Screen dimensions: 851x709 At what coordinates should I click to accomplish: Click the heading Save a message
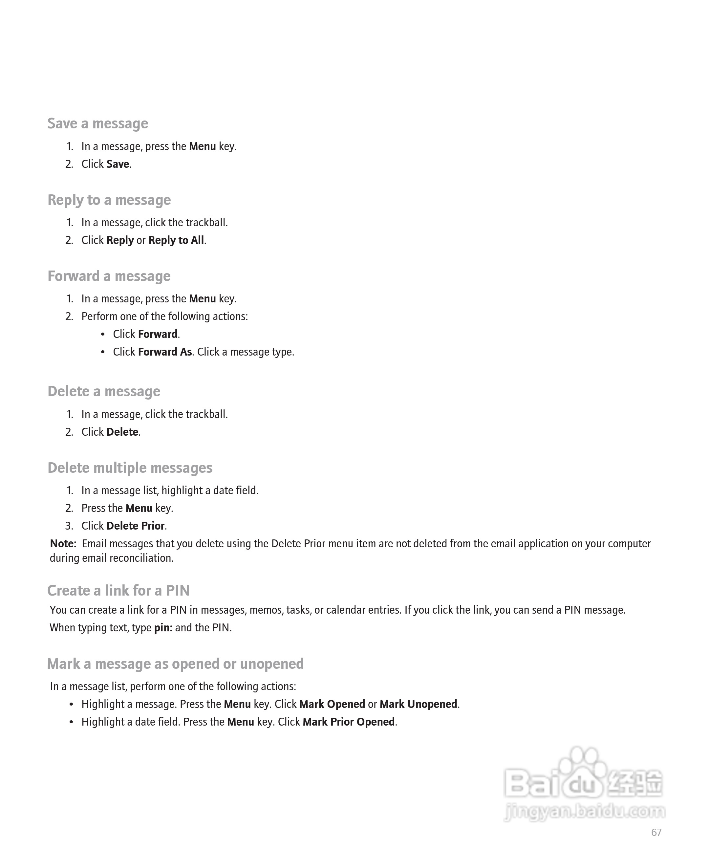(97, 123)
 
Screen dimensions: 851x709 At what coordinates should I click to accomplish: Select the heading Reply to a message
(109, 200)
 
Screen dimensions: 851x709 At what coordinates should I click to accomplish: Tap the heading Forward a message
(109, 276)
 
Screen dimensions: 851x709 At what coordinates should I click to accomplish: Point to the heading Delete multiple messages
(130, 468)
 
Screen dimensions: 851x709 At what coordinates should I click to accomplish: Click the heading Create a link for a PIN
(118, 591)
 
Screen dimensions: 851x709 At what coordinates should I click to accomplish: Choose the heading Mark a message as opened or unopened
(175, 664)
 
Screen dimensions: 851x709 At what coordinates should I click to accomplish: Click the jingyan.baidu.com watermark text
(584, 811)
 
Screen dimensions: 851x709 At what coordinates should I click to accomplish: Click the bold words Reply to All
(176, 240)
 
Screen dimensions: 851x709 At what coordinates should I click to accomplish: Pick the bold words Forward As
(165, 352)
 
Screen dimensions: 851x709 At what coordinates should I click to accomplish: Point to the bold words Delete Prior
(135, 526)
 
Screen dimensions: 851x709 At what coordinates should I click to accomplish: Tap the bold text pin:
(163, 628)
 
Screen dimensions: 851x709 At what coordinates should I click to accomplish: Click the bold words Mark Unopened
(418, 704)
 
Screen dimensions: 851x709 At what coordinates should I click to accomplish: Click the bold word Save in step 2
(118, 164)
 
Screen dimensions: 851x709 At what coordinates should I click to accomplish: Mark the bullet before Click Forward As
(103, 352)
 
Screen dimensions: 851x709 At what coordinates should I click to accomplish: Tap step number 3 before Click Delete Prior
(69, 526)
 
